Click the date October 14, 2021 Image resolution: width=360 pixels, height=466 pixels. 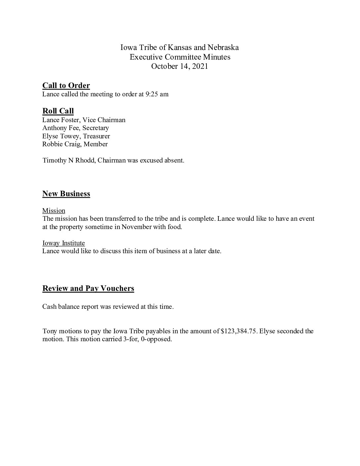pyautogui.click(x=179, y=66)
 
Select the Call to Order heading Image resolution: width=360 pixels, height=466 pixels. pyautogui.click(x=66, y=86)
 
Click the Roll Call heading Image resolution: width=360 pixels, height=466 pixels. pyautogui.click(x=58, y=111)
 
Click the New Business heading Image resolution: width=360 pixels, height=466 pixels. pyautogui.click(x=66, y=194)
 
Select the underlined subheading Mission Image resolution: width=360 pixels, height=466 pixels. pyautogui.click(x=54, y=210)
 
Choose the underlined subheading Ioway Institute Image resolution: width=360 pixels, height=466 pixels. pyautogui.click(x=64, y=243)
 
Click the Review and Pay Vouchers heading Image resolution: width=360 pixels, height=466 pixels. pyautogui.click(x=88, y=288)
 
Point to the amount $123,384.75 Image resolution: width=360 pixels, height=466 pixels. pyautogui.click(x=238, y=331)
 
